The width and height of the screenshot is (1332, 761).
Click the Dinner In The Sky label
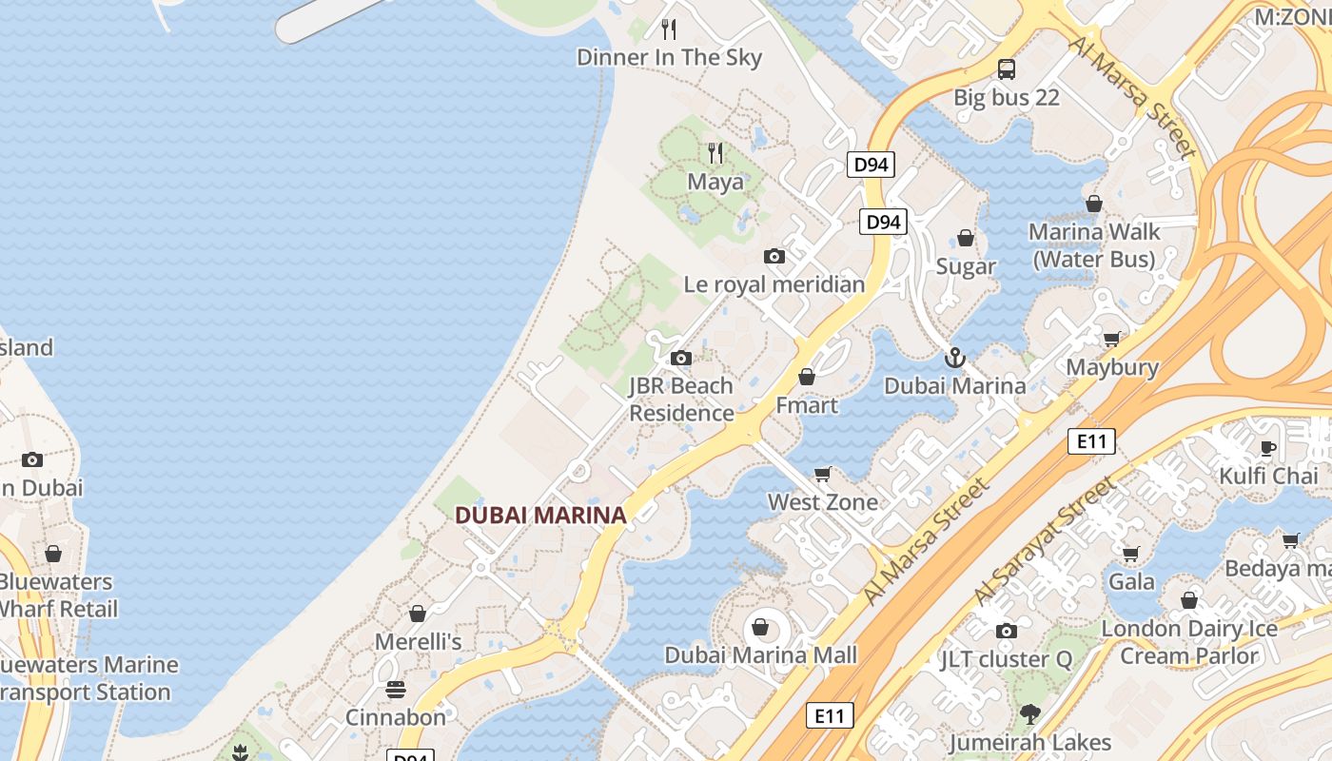(x=669, y=57)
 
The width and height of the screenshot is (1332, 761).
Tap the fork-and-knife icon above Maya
(x=715, y=152)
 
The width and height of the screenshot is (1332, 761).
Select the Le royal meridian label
(x=774, y=284)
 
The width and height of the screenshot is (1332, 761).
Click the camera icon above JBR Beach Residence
(x=680, y=358)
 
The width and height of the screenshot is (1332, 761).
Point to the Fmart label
(x=807, y=405)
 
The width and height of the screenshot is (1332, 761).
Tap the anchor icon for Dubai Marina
(x=954, y=358)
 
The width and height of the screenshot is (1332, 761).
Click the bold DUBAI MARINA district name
(x=540, y=516)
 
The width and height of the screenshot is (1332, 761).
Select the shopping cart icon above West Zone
(x=823, y=474)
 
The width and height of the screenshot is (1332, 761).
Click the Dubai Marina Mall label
(x=760, y=655)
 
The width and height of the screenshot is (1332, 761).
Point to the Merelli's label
(x=418, y=642)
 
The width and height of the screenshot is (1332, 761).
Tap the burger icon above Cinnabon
(x=396, y=690)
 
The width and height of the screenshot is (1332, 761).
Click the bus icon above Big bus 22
(x=1007, y=68)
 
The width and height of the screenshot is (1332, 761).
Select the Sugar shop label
(x=966, y=266)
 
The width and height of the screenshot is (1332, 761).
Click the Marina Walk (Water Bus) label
(x=1094, y=245)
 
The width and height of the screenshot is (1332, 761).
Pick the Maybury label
(x=1112, y=367)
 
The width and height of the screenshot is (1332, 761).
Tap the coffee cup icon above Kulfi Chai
(x=1268, y=447)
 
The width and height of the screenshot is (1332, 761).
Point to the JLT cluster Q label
(x=1006, y=659)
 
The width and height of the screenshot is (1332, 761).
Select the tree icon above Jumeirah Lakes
(x=1029, y=713)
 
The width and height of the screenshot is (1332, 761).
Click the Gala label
(x=1131, y=581)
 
